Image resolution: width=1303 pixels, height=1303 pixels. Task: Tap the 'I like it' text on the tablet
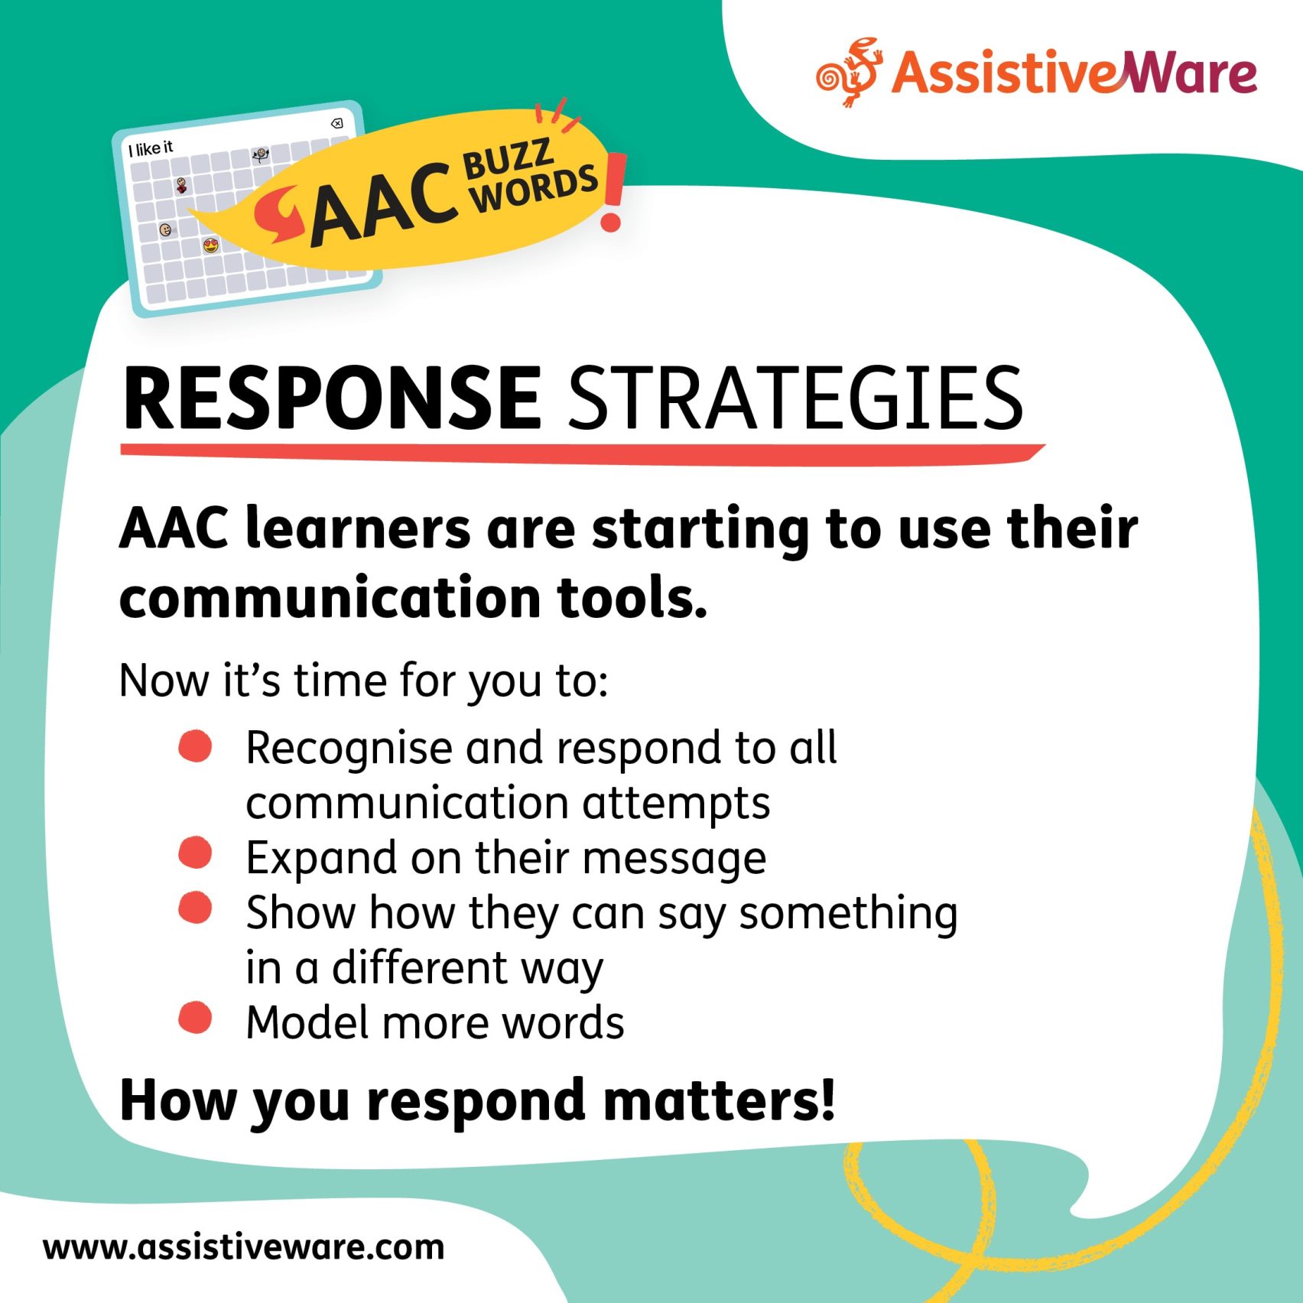(x=151, y=148)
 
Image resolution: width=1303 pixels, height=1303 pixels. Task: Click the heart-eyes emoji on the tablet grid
(x=211, y=245)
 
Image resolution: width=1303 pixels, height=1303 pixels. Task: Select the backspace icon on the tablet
(x=336, y=123)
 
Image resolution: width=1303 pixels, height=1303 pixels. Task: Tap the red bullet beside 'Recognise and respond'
(x=195, y=746)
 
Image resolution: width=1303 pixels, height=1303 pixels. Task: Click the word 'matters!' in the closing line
(x=719, y=1101)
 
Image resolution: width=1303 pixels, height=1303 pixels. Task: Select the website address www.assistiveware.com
(x=243, y=1247)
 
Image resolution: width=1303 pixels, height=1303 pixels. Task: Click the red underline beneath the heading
(x=581, y=453)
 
